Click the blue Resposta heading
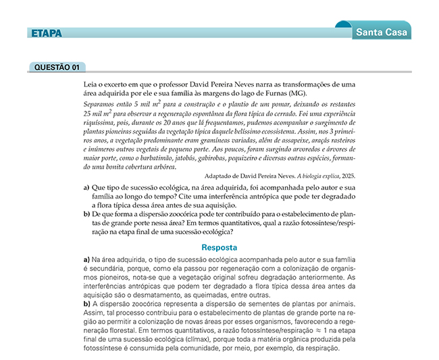219,247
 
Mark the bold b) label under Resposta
86,303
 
